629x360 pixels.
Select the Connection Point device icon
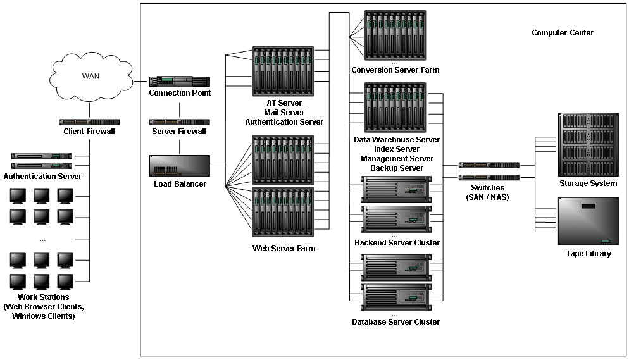179,81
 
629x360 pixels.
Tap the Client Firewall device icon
90,121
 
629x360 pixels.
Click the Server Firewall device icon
179,121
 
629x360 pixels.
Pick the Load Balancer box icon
179,166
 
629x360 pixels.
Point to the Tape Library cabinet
588,221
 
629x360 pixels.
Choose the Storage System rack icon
588,145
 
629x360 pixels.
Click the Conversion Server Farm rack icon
395,35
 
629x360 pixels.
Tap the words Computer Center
562,33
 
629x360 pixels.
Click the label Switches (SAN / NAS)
488,192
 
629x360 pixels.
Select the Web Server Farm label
283,249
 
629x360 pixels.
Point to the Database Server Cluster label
395,322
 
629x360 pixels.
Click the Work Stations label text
44,297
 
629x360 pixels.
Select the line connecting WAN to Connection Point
140,81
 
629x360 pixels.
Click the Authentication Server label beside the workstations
42,177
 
